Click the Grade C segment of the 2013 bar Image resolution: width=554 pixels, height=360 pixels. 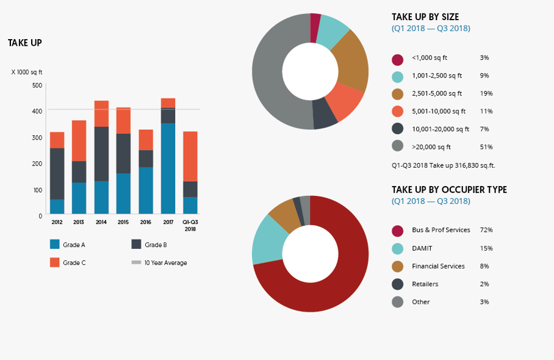coord(79,140)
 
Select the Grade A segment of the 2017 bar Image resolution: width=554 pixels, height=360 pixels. coord(168,168)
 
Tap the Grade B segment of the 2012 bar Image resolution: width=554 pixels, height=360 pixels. coord(57,173)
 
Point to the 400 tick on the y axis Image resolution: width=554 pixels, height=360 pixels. coord(38,111)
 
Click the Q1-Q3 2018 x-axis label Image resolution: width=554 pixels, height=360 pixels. coord(190,225)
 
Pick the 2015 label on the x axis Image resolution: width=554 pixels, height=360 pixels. coord(123,222)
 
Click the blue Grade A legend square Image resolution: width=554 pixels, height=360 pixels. coord(55,245)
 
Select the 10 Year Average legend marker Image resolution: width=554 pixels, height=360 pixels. coord(136,263)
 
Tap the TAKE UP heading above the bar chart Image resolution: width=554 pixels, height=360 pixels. coord(24,43)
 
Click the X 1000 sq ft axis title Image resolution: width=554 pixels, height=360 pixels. coord(27,72)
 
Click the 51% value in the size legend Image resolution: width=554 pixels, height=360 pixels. coord(486,147)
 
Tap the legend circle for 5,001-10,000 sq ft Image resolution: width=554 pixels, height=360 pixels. coord(398,111)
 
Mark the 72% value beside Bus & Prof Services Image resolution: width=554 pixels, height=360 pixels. coord(486,230)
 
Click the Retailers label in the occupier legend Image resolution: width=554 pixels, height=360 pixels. coord(425,284)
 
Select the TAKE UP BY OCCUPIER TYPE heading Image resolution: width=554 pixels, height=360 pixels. coord(449,190)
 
